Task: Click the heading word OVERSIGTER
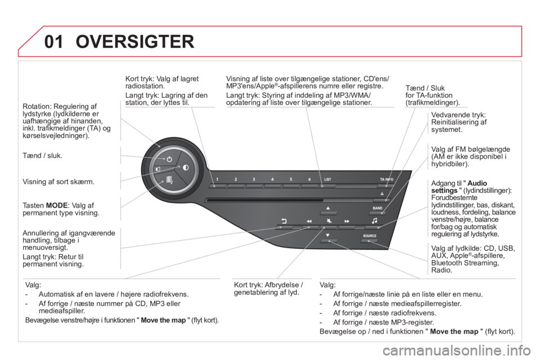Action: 135,41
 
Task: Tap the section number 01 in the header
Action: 54,42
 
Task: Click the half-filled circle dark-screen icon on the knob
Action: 186,168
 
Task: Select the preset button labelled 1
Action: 217,179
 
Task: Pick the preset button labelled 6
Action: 309,179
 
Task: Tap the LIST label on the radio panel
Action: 327,179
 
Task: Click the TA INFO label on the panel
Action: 386,179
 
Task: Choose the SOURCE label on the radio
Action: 370,236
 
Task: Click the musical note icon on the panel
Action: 375,220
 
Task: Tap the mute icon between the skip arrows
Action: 329,220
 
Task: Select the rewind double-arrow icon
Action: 309,221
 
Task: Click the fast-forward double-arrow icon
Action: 347,221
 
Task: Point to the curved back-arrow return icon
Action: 284,221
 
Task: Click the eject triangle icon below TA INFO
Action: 382,193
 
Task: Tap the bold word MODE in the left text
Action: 56,206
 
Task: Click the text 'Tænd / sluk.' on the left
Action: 42,156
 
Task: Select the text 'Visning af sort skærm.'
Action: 58,182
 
